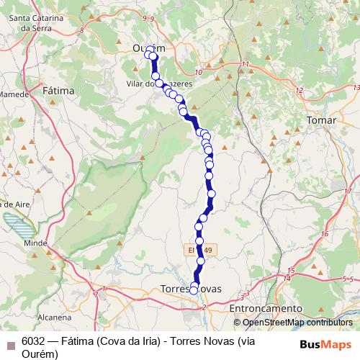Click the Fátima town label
point(59,91)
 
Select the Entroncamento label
point(266,308)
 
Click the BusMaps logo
point(322,343)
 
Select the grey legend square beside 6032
point(10,343)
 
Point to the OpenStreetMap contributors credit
point(297,323)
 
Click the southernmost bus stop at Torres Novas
point(194,291)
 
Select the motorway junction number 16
point(325,234)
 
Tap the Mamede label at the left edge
point(13,94)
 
